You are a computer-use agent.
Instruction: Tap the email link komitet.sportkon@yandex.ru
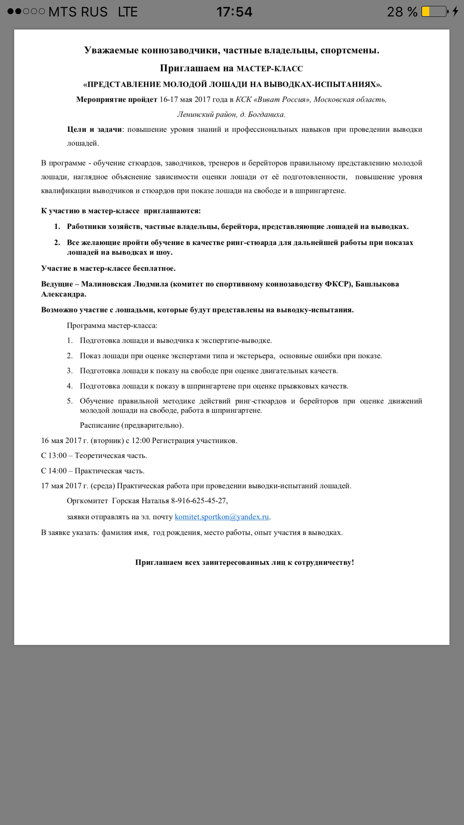222,517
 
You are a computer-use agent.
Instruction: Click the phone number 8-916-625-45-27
199,501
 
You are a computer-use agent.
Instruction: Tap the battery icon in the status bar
434,12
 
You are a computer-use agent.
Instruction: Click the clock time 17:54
234,12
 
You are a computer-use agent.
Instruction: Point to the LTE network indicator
128,12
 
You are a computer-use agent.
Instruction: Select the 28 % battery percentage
402,12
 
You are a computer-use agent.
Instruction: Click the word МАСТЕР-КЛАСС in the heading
270,69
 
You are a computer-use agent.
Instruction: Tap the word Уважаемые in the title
111,50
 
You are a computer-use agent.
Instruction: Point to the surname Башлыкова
377,284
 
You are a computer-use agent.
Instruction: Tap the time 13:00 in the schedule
58,455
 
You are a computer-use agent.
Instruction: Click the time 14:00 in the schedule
58,471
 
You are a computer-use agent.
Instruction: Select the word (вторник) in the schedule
107,441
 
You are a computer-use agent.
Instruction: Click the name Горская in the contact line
126,501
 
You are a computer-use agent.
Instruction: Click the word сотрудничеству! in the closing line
324,562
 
